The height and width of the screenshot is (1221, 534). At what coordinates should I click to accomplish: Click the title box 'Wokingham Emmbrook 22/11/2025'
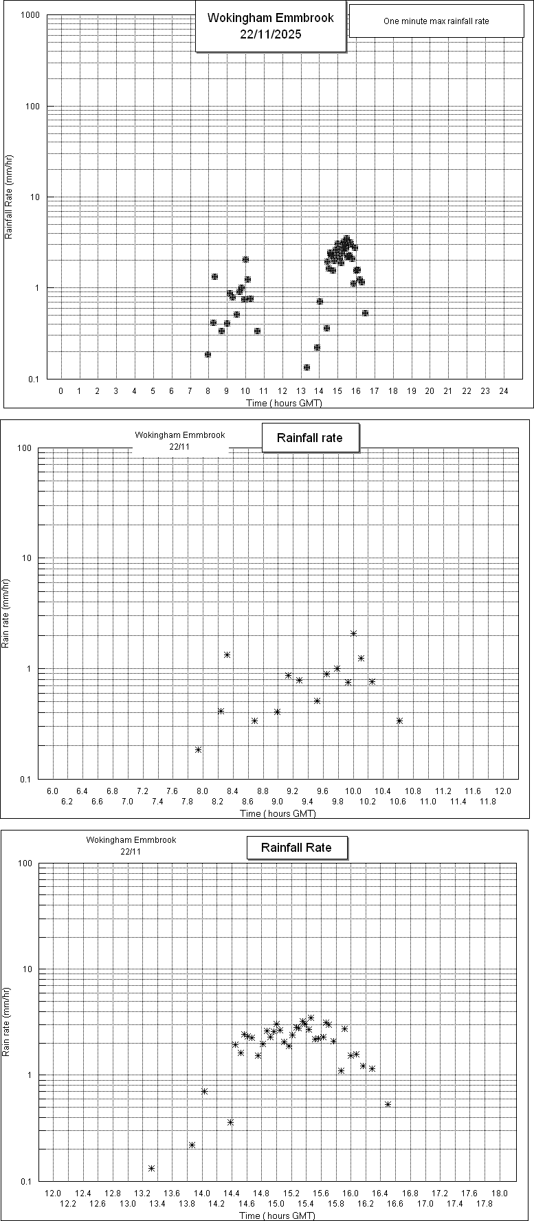coord(270,26)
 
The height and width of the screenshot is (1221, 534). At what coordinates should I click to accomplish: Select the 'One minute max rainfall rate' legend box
coord(436,21)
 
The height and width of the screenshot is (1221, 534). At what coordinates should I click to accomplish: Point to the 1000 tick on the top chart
coord(30,16)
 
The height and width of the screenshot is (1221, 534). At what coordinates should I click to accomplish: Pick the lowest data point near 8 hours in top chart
coord(208,354)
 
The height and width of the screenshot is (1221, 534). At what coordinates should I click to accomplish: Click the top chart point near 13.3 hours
coord(307,367)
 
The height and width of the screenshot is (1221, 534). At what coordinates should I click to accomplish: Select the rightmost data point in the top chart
coord(365,313)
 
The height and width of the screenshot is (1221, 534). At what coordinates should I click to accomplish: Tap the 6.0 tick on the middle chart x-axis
coord(52,792)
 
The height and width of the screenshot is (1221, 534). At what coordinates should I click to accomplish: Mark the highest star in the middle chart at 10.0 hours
coord(354,633)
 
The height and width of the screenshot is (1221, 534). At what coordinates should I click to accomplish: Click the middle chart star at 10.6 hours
coord(399,720)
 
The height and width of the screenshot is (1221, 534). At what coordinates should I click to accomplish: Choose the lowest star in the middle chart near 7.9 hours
coord(198,749)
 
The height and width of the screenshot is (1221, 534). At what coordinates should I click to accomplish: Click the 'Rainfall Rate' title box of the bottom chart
coord(296,848)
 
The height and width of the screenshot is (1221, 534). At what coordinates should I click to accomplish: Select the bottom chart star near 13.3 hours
coord(151,1168)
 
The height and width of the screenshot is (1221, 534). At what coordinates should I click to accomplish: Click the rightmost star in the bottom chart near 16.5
coord(388,1104)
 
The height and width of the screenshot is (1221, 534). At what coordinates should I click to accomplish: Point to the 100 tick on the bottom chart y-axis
coord(26,863)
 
